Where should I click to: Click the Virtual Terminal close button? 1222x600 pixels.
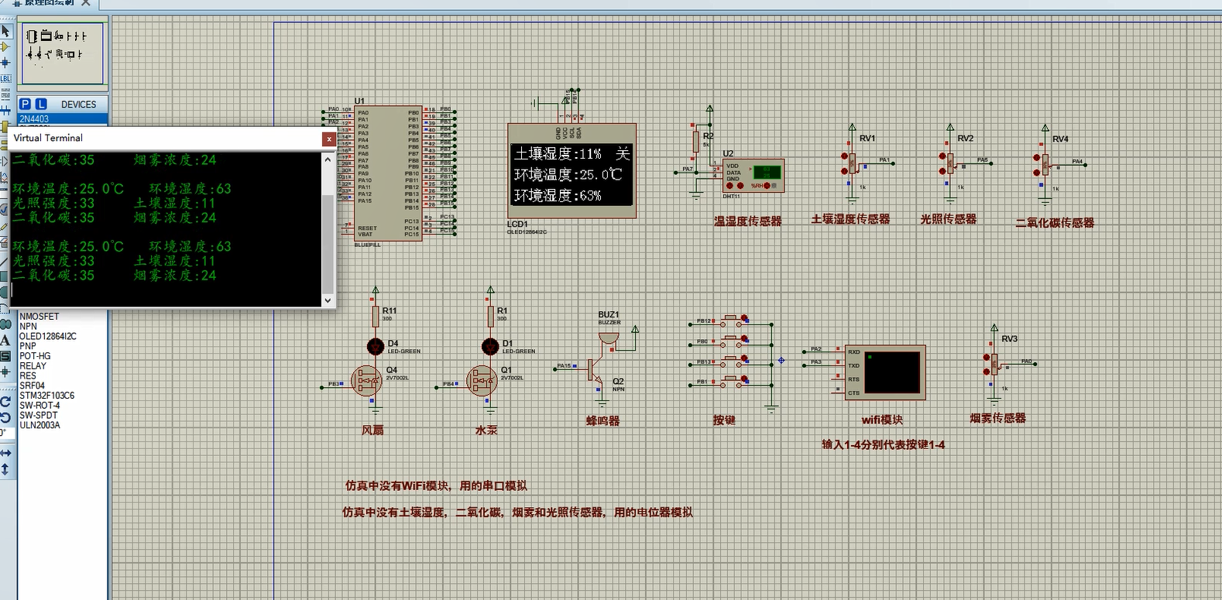329,139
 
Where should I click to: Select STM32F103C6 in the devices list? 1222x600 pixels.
46,396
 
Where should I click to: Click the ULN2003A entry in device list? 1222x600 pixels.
39,425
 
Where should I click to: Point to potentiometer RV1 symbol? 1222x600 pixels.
852,163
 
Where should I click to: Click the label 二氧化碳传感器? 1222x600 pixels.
1054,223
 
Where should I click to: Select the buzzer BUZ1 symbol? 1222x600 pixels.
608,339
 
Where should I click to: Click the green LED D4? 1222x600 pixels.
376,346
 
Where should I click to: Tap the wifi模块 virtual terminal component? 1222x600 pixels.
884,372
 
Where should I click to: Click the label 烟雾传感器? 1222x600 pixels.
997,418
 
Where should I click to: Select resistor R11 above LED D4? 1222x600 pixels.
376,316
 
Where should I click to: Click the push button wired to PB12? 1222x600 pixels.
731,320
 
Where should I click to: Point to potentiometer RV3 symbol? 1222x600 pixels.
994,362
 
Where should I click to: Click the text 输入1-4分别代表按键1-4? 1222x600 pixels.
883,444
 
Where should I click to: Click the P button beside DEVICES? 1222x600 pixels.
25,104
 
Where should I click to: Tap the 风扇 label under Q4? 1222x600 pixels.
372,430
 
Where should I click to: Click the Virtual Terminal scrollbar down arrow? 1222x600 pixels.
328,300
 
